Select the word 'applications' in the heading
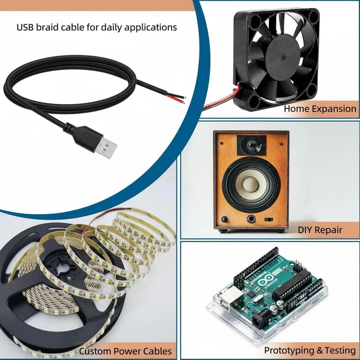click(150, 27)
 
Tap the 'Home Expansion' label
click(320, 108)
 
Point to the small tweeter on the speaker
click(252, 145)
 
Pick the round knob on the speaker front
click(224, 219)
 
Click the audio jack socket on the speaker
click(251, 219)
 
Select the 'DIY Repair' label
click(320, 229)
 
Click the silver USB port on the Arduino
click(230, 297)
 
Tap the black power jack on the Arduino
click(261, 318)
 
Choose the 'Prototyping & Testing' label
click(310, 351)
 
